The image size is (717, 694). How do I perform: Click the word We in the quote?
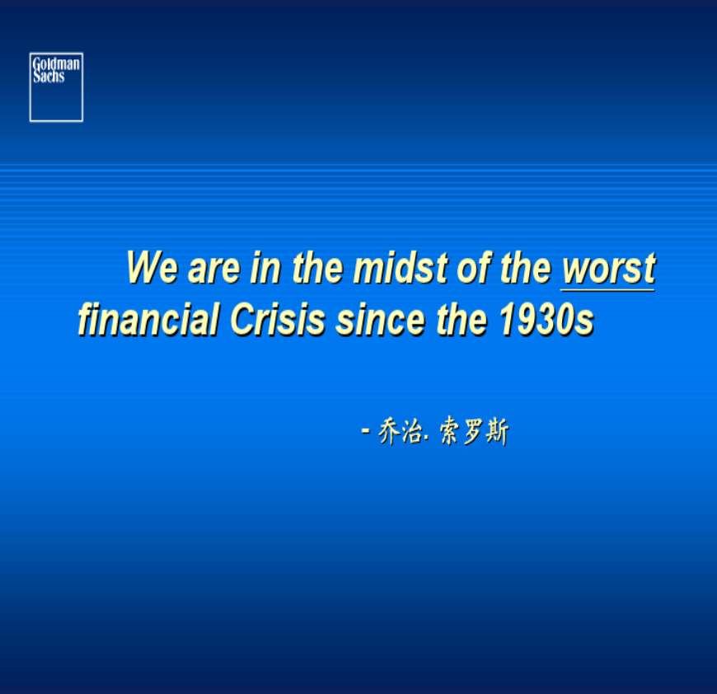pos(152,267)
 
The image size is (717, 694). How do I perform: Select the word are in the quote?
pos(213,270)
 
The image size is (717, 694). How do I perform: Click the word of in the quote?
pos(473,267)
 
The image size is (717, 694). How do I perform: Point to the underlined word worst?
pos(609,269)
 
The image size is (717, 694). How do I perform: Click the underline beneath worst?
pos(607,289)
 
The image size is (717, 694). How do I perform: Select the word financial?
pos(148,319)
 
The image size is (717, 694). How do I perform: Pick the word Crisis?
pos(278,319)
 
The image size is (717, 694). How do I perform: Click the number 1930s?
pos(547,319)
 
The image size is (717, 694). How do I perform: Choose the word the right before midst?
pos(318,267)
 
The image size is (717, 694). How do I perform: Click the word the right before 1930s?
pos(462,319)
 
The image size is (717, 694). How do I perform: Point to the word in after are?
pos(265,267)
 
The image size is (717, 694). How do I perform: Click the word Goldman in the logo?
pos(56,63)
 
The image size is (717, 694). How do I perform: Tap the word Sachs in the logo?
pos(49,76)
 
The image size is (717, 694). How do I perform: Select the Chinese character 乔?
pos(389,431)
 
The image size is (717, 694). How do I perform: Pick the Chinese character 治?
pos(411,431)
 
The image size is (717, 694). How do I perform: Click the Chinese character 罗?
pos(474,431)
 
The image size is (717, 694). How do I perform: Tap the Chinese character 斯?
pos(497,431)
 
